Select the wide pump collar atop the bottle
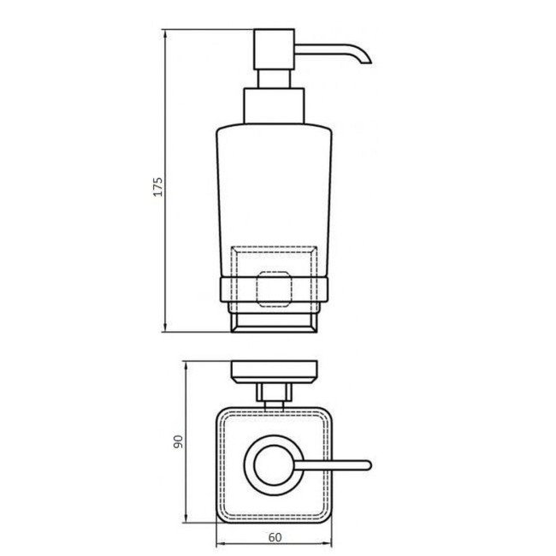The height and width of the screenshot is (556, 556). coord(272,106)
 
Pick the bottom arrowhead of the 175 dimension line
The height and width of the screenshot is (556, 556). coord(165,329)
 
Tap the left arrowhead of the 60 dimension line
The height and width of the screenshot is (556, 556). coord(217,546)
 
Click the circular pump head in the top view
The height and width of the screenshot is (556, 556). coord(272,465)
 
